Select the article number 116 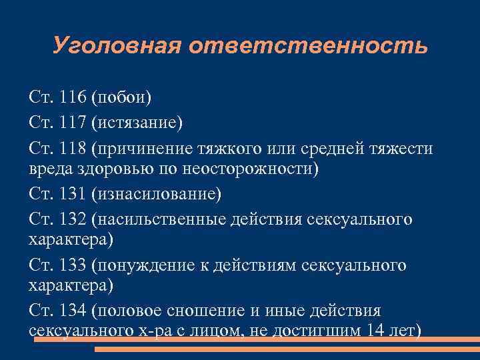(73, 98)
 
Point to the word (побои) (123, 98)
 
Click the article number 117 (73, 123)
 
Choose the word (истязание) (137, 123)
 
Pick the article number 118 (73, 147)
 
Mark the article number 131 (73, 195)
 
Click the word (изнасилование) (157, 195)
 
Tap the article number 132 (73, 219)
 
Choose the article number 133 (73, 266)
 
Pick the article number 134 (73, 311)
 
